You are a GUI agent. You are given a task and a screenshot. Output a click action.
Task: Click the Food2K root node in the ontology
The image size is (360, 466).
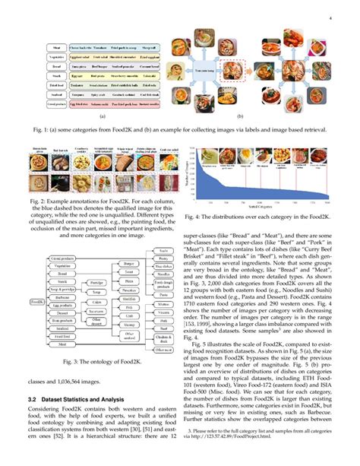pyautogui.click(x=37, y=302)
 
